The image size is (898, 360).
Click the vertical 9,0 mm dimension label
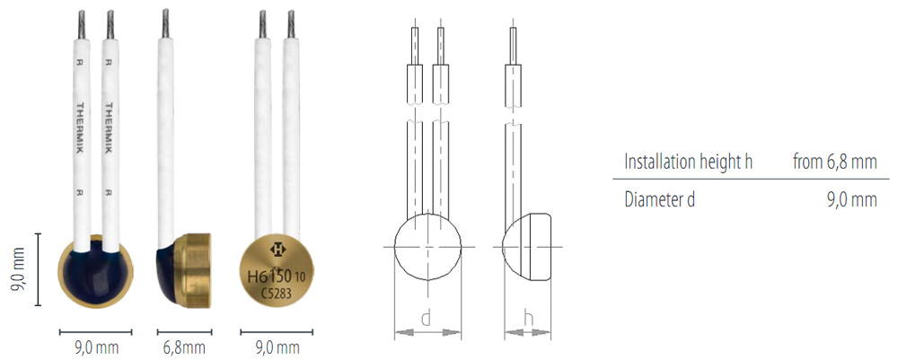pos(18,269)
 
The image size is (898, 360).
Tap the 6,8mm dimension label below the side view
pos(184,347)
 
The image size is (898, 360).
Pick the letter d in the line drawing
pos(426,318)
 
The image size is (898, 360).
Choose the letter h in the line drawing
pos(529,318)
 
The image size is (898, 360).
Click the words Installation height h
pos(688,162)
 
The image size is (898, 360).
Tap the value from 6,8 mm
pos(834,162)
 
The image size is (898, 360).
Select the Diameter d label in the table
pos(660,199)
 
